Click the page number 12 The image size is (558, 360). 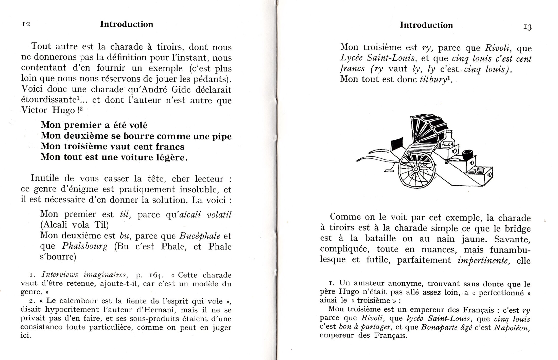(26, 24)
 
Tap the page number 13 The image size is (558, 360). (527, 27)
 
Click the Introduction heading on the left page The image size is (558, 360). (127, 24)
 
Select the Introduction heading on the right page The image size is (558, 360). (426, 25)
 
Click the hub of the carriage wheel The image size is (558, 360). (416, 169)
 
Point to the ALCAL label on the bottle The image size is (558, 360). (448, 144)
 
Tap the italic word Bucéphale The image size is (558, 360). (200, 236)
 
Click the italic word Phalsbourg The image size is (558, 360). (85, 246)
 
